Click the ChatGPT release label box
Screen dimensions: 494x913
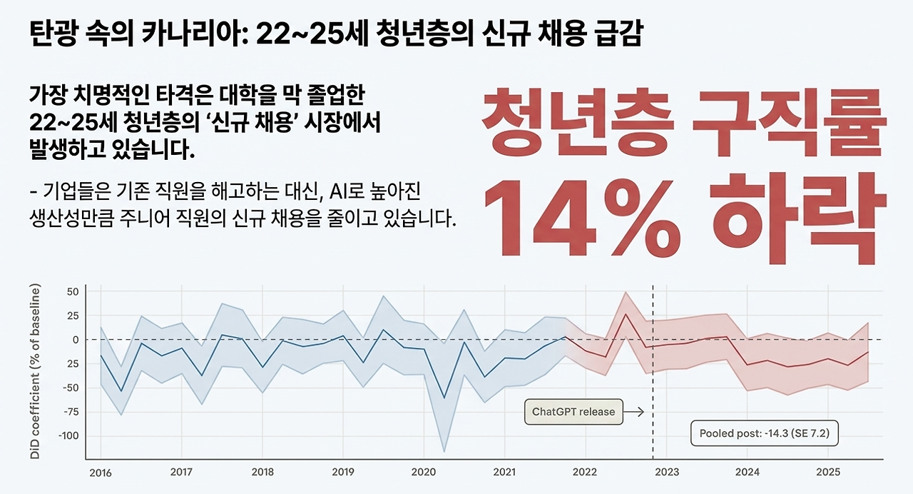click(x=573, y=412)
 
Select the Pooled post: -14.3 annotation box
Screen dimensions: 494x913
click(x=765, y=433)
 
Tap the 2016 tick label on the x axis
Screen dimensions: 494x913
click(x=100, y=473)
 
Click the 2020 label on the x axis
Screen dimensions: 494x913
click(x=424, y=473)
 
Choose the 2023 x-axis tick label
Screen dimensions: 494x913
click(x=666, y=473)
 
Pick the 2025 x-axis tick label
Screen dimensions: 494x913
click(x=827, y=473)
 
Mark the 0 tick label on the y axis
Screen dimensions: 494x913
click(x=75, y=339)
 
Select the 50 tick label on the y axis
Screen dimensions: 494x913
click(x=72, y=291)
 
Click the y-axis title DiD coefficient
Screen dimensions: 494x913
click(x=35, y=370)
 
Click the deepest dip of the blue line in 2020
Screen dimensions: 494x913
click(x=444, y=398)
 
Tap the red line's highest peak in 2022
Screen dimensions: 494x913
click(x=626, y=314)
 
